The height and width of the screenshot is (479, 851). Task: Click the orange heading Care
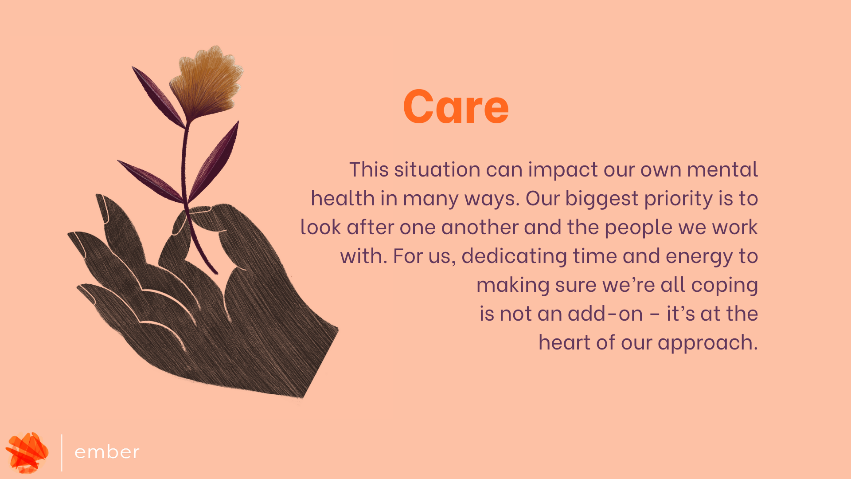pyautogui.click(x=456, y=106)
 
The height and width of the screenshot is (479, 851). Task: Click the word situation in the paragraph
pyautogui.click(x=437, y=169)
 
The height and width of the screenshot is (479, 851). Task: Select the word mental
pyautogui.click(x=722, y=169)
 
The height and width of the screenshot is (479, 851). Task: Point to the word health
pyautogui.click(x=343, y=198)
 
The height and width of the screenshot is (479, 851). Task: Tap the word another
pyautogui.click(x=480, y=227)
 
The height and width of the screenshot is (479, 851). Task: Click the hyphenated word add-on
pyautogui.click(x=605, y=314)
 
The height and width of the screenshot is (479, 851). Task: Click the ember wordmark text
pyautogui.click(x=107, y=452)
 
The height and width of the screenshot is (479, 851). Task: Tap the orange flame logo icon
pyautogui.click(x=27, y=452)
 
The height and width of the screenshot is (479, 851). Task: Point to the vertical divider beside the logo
pyautogui.click(x=62, y=452)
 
